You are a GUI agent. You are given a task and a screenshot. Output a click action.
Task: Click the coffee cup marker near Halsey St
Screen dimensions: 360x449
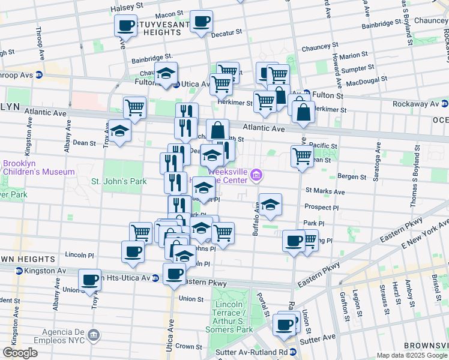pos(126,26)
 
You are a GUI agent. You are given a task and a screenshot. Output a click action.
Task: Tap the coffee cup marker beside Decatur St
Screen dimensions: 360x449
pos(201,22)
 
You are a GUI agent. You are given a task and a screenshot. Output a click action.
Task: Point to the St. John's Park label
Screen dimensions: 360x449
pos(118,181)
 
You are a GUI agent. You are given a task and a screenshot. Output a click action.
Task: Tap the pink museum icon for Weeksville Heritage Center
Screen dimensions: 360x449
pos(258,175)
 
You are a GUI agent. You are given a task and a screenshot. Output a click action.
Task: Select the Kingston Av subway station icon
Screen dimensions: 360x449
pos(19,271)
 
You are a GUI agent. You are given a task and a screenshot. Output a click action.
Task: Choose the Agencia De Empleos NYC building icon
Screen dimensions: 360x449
pos(93,335)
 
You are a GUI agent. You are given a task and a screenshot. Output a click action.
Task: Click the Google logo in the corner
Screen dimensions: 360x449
pos(20,353)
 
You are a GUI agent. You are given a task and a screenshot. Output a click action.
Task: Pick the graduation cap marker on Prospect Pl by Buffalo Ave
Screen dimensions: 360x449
pos(270,205)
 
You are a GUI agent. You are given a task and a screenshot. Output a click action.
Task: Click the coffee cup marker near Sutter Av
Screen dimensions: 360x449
pos(284,325)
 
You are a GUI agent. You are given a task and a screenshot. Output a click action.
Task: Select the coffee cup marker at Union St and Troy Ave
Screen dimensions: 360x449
pos(89,280)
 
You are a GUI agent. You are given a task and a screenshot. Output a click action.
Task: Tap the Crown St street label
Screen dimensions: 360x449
pos(188,346)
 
